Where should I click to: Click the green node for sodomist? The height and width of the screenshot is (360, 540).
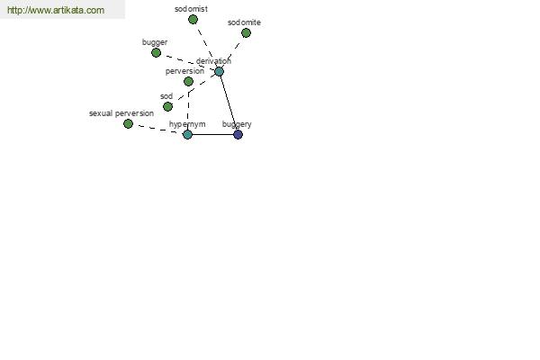[193, 19]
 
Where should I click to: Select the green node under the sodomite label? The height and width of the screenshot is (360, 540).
[246, 33]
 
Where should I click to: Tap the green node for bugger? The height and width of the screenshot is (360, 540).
[156, 53]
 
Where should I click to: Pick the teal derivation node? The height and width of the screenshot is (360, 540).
[219, 72]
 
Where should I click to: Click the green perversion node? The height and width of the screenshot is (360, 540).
[188, 82]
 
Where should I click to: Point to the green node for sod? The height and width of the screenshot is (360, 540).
[167, 107]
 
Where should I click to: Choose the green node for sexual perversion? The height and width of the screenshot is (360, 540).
[128, 123]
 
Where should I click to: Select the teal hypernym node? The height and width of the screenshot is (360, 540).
[187, 134]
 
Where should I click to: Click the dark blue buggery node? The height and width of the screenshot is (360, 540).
[238, 134]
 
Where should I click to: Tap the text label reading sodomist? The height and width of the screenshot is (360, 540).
[191, 9]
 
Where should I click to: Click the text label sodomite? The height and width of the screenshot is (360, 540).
[244, 22]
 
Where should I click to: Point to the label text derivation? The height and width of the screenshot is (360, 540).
[213, 61]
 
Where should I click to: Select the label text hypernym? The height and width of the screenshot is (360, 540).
[187, 124]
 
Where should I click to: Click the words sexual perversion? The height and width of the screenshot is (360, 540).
[121, 113]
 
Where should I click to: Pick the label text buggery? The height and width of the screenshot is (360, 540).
[237, 124]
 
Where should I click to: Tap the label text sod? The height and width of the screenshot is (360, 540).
[166, 96]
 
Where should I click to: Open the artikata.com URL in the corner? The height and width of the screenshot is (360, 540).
[56, 10]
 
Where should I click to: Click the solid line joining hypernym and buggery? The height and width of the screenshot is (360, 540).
[212, 134]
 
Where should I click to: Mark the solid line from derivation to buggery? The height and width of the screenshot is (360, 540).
[229, 103]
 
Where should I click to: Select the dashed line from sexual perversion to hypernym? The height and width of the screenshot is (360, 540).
[157, 129]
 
